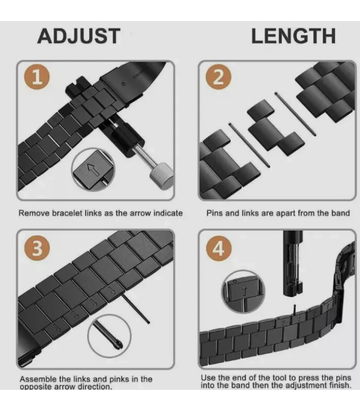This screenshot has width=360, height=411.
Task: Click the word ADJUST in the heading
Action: pos(79,36)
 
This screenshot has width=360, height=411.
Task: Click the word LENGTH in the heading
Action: pos(293,36)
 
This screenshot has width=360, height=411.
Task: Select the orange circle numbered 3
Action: pos(38,248)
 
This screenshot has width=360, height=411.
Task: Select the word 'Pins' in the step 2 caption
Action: pos(215,213)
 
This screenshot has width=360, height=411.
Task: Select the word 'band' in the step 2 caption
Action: pos(339,213)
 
